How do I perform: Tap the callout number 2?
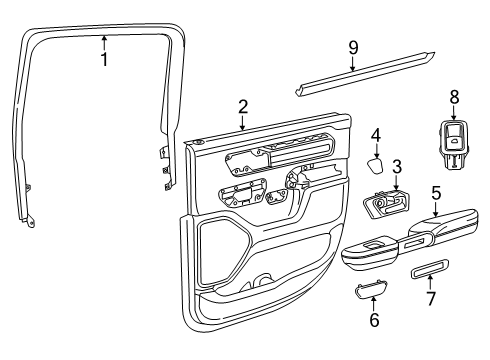[x=242, y=107]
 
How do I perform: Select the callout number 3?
[x=396, y=167]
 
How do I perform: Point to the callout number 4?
[x=376, y=135]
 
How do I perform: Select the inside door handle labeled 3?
[x=382, y=206]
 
